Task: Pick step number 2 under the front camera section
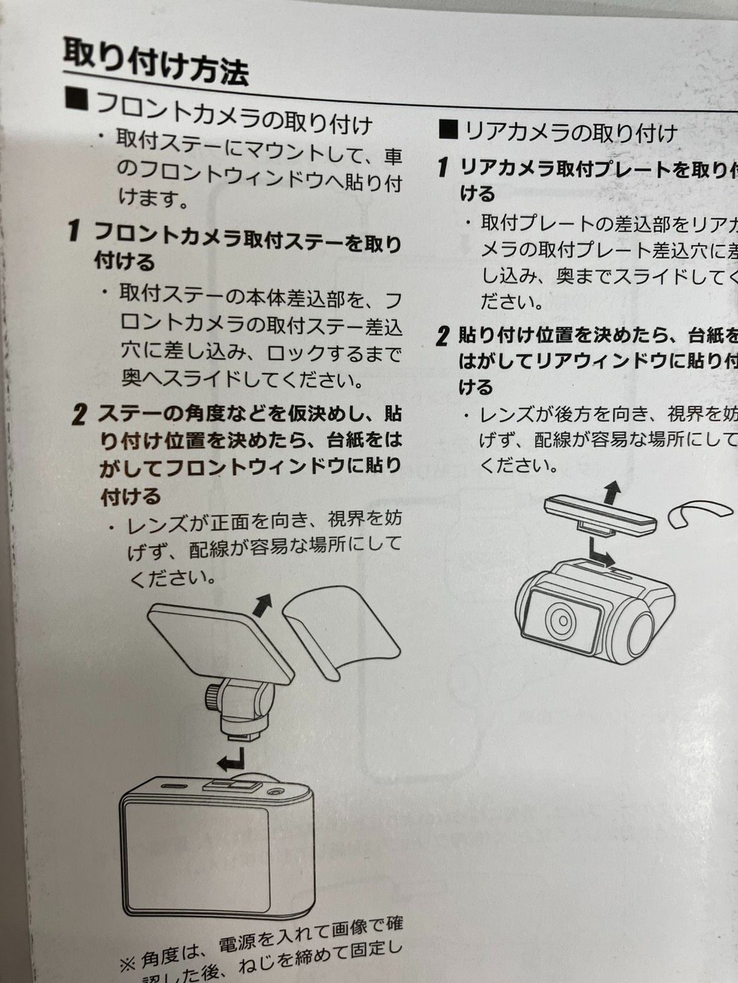79,415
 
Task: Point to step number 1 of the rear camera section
442,167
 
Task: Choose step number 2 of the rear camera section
442,336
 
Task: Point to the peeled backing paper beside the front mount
340,628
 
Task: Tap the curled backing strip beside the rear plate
699,512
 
